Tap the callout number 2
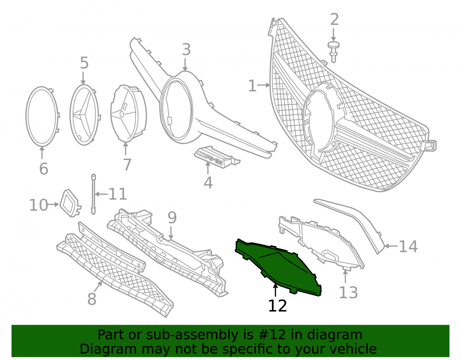[335, 20]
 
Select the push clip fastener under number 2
[333, 52]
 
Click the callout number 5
[84, 63]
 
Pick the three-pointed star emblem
[84, 115]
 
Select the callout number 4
[208, 183]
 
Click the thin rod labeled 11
[94, 194]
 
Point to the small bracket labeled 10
[71, 203]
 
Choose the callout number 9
[172, 218]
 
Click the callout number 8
[92, 299]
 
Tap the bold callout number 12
[278, 306]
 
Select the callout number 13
[349, 293]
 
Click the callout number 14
[408, 246]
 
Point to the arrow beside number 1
[264, 86]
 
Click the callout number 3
[186, 50]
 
